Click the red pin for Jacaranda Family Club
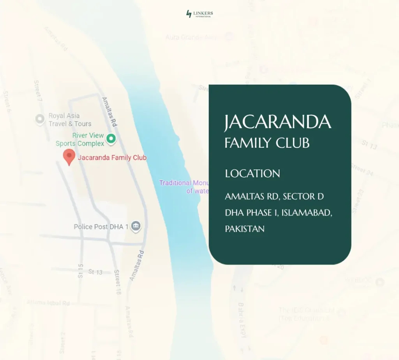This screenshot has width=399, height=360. point(69,157)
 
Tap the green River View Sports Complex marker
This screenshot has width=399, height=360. point(111,138)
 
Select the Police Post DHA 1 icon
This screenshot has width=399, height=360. point(136,226)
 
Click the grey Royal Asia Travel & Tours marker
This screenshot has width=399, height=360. point(39,119)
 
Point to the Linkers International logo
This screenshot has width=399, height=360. point(199,14)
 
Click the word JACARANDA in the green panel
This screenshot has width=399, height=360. point(277,122)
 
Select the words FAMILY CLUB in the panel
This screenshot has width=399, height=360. point(267,143)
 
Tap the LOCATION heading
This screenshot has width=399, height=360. point(252,173)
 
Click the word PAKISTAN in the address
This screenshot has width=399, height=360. point(245,229)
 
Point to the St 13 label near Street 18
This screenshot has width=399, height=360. point(95,272)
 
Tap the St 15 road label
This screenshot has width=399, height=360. point(80,270)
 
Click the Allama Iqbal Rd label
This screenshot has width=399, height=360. point(48,303)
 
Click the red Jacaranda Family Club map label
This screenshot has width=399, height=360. point(112,158)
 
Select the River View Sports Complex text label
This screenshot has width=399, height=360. point(80,139)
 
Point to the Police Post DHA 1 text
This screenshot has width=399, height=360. point(101,227)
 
